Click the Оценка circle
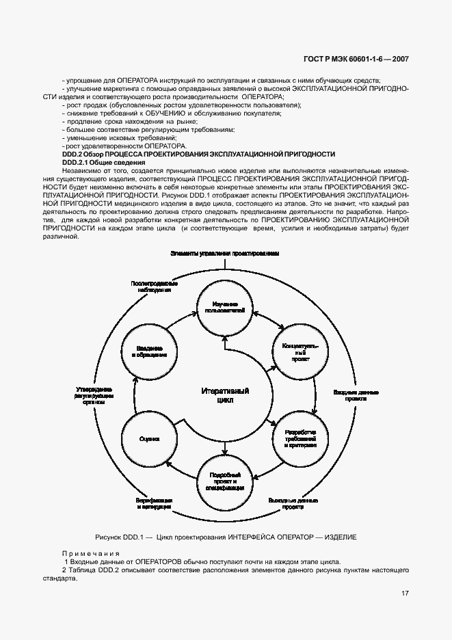(149, 438)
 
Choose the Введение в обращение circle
(149, 351)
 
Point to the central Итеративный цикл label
(224, 396)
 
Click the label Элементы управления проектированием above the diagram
(224, 253)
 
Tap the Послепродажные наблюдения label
(149, 286)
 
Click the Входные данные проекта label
(356, 397)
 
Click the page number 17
(405, 593)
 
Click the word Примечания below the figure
(91, 552)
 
